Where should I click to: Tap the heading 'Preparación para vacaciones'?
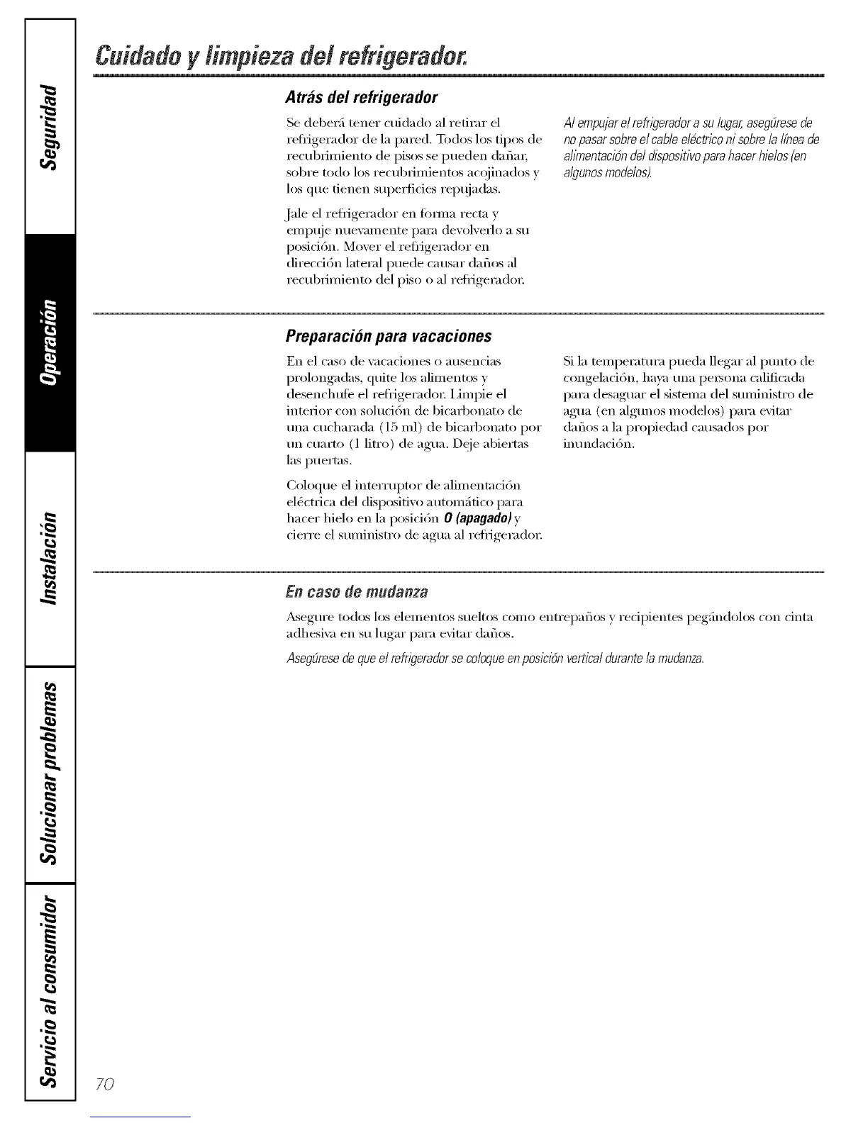(x=389, y=335)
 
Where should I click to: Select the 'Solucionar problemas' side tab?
(x=49, y=773)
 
